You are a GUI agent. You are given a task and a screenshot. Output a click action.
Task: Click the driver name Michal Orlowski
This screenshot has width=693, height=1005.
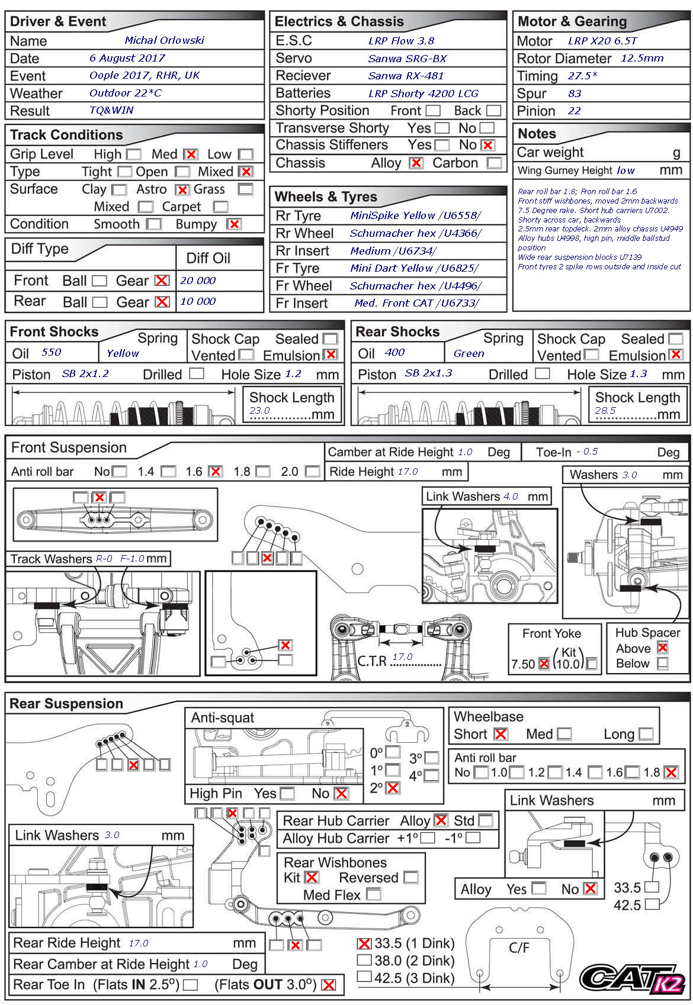[164, 40]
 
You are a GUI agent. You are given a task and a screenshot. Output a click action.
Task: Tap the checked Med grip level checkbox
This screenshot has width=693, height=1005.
[190, 154]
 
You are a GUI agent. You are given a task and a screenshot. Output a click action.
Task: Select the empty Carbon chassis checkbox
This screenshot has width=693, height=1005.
[493, 163]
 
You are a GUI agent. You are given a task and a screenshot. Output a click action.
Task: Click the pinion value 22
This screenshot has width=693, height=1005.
[574, 111]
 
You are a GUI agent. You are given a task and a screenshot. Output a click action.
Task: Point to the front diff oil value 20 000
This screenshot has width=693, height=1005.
[198, 281]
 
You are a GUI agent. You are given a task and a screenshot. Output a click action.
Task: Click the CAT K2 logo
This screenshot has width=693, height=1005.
[632, 978]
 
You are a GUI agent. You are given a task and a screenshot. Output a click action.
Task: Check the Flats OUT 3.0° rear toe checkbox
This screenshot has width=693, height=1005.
[329, 985]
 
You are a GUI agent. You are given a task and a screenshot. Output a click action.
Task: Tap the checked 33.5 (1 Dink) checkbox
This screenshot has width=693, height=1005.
[364, 943]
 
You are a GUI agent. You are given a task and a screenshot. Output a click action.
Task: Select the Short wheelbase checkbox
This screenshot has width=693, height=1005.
[500, 735]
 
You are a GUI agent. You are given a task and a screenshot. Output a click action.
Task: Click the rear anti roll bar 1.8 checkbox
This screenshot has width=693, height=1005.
[671, 772]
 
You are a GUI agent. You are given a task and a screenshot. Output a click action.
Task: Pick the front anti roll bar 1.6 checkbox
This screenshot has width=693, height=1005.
[216, 472]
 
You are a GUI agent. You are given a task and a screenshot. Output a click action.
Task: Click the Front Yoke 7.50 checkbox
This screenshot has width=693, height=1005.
[544, 664]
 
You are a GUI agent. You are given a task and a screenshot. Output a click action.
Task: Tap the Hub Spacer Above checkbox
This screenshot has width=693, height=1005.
[662, 648]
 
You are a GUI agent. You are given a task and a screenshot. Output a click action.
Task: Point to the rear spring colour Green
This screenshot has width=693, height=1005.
[469, 353]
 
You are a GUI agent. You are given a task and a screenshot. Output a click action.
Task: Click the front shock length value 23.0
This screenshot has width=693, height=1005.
[259, 411]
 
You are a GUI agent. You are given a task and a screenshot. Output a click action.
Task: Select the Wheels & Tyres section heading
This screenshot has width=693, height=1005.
[326, 197]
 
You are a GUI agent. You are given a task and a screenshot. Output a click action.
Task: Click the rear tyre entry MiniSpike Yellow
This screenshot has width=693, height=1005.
[415, 215]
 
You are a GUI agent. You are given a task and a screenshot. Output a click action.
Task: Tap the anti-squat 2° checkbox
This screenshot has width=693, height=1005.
[393, 788]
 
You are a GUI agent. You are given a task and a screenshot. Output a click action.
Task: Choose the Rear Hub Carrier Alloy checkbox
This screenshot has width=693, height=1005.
[441, 820]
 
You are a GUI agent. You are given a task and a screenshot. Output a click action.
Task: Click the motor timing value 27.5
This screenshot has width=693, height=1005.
[582, 76]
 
